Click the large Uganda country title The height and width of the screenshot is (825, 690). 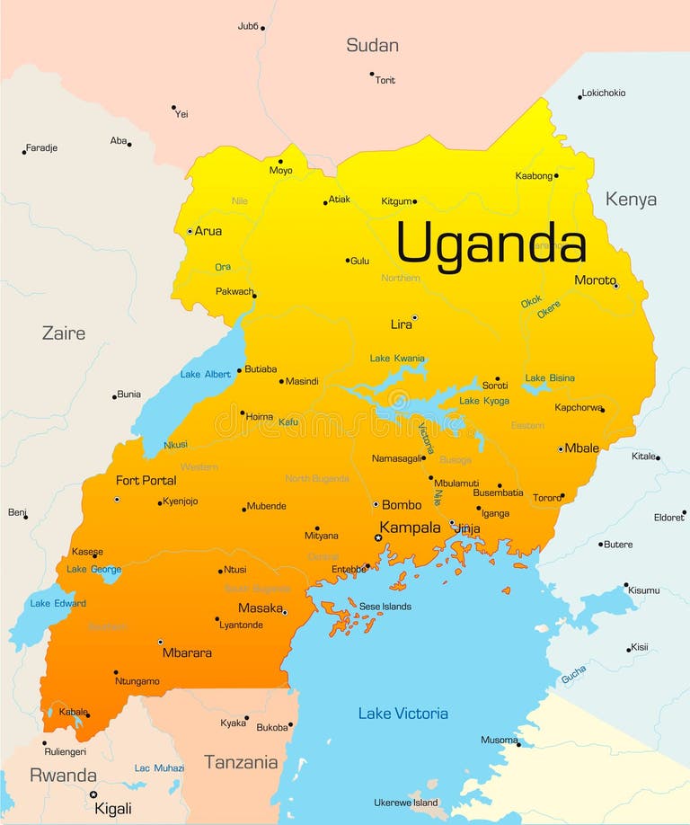[x=491, y=244]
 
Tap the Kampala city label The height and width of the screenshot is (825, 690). [x=410, y=528]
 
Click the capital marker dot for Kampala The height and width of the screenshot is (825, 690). [x=378, y=537]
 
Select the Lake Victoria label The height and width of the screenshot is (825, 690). [x=402, y=714]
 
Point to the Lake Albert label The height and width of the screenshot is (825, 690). [x=205, y=374]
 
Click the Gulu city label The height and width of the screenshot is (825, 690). [x=359, y=261]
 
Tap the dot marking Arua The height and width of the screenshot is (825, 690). [x=190, y=231]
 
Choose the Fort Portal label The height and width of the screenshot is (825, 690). [x=146, y=481]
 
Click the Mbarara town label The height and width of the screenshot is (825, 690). [x=187, y=652]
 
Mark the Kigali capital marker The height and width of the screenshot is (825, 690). [x=93, y=794]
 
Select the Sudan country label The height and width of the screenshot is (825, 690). [x=372, y=45]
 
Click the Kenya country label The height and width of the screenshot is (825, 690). [x=631, y=200]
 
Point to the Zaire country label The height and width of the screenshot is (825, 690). [x=64, y=333]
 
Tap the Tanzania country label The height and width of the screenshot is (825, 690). [x=241, y=762]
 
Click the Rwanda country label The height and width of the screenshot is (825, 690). [x=63, y=775]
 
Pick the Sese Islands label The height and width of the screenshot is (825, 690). [x=385, y=607]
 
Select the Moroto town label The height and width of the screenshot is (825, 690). [x=595, y=280]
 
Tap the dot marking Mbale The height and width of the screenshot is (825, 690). [x=561, y=448]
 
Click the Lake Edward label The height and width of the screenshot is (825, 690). [x=58, y=603]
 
